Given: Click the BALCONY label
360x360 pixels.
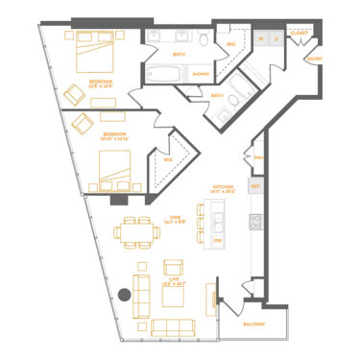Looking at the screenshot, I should (253, 324).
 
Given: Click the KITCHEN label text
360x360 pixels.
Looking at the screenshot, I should (224, 188).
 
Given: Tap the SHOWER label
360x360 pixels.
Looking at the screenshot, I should (201, 74).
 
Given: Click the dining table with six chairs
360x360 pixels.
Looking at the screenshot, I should (137, 231).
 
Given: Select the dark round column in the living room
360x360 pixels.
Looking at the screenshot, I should (125, 296).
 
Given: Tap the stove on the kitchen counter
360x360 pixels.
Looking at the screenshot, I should (256, 222).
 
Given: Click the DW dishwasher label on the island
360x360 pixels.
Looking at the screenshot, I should (218, 239).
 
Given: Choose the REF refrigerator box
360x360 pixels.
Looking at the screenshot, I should (255, 185).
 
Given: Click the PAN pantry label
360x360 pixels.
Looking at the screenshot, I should (256, 158).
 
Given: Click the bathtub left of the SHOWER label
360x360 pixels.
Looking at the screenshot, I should (167, 74).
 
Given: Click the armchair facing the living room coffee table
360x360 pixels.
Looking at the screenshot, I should (174, 268).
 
